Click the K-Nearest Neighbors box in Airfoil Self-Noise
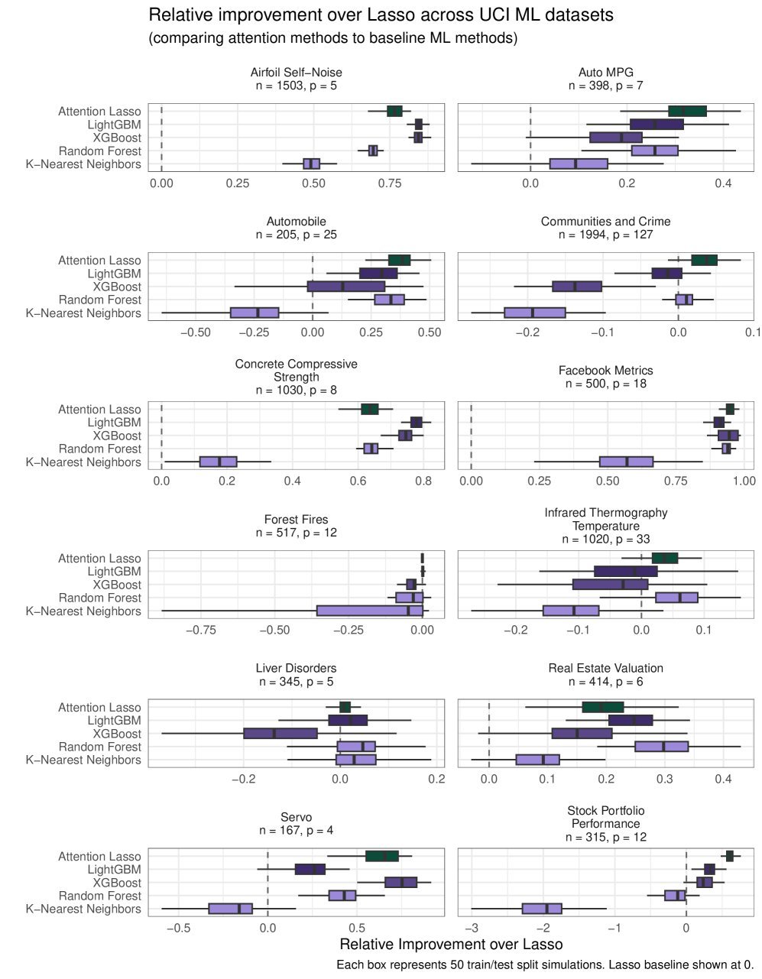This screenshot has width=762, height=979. [x=311, y=164]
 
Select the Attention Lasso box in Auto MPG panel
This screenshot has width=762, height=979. [x=687, y=112]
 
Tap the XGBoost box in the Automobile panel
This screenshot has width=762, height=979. [x=345, y=287]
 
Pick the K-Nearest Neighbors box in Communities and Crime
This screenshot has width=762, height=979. [x=534, y=313]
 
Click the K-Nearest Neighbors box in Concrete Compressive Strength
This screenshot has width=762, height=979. [x=218, y=462]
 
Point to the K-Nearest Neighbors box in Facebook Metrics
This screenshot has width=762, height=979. [x=626, y=462]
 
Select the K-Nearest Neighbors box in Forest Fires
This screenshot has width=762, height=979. [x=369, y=611]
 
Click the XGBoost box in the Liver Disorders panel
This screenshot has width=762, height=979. [x=280, y=734]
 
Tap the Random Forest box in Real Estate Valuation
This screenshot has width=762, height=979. [x=661, y=747]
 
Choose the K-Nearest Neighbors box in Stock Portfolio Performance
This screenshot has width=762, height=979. [x=542, y=909]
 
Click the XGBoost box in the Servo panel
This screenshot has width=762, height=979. [x=400, y=883]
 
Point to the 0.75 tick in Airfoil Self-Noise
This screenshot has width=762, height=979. [x=390, y=183]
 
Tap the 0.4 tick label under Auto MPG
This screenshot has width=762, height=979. [x=723, y=183]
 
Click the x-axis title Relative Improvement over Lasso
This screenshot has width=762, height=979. [x=450, y=945]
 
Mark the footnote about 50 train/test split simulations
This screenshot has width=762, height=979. [x=545, y=965]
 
